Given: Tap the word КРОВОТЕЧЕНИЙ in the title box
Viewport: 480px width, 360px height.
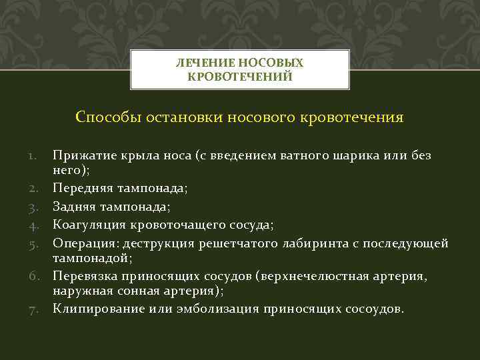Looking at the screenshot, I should click(240, 77).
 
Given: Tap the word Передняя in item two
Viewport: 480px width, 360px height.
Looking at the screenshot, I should click(81, 189).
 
